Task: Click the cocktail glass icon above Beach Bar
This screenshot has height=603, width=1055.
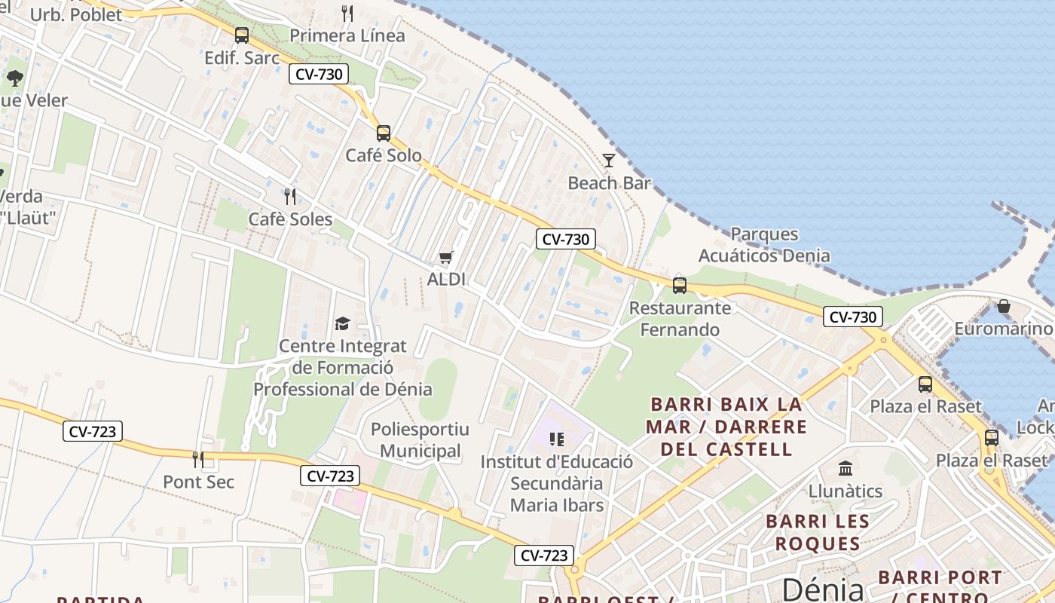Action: (x=609, y=160)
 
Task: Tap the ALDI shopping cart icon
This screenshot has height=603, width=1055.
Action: (x=446, y=258)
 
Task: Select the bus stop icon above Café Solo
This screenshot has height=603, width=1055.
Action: (x=384, y=133)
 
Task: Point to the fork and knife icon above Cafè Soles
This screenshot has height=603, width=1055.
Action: (x=290, y=197)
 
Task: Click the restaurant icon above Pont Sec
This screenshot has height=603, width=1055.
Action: (x=198, y=459)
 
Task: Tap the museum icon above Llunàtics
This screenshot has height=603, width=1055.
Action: (x=845, y=468)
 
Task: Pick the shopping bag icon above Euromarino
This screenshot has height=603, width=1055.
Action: (x=1003, y=306)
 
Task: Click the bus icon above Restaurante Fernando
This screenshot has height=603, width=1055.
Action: (x=680, y=285)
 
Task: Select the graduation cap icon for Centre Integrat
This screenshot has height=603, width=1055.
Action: (x=343, y=323)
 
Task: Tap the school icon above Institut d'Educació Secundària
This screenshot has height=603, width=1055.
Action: (x=557, y=439)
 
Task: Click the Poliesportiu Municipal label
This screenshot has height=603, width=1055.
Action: (x=420, y=440)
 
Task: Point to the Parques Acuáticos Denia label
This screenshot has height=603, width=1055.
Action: (x=764, y=245)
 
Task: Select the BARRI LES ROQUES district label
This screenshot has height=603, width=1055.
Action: (x=818, y=532)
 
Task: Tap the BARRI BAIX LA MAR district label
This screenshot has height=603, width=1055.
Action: (x=726, y=427)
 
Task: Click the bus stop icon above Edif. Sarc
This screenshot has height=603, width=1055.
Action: (x=242, y=35)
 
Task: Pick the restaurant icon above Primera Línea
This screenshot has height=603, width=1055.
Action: (x=347, y=13)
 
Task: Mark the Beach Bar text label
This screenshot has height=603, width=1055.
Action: (x=609, y=183)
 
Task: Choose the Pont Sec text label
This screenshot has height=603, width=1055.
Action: (x=199, y=482)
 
